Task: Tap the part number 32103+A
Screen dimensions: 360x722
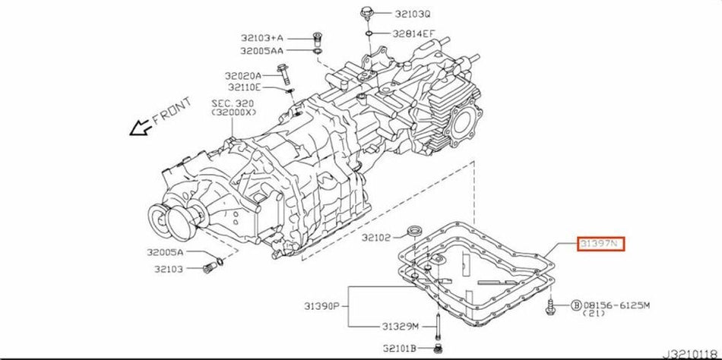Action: click(261, 38)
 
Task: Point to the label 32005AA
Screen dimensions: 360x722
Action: click(262, 51)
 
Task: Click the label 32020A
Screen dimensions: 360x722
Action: click(242, 75)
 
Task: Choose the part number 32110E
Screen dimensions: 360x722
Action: click(242, 89)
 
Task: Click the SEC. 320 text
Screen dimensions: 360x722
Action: click(233, 103)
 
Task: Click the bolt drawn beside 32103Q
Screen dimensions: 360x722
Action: click(366, 13)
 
